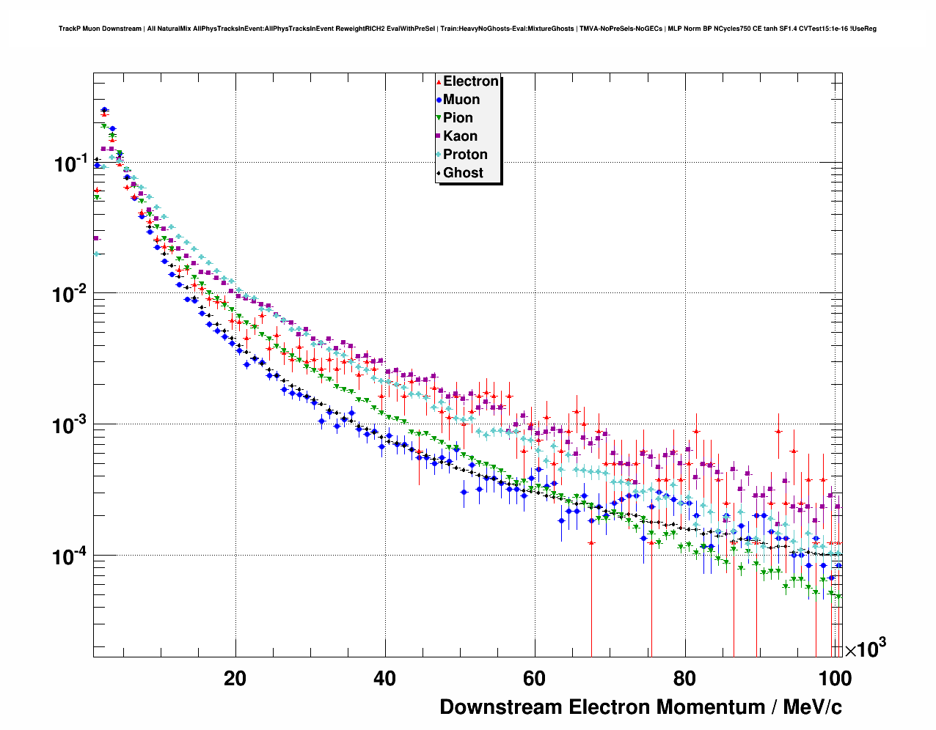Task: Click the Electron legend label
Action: tap(471, 81)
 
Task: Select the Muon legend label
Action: tap(461, 100)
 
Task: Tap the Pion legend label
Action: tap(458, 118)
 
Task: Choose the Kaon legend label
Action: tap(460, 136)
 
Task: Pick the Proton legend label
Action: tap(465, 155)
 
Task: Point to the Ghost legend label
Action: tap(463, 173)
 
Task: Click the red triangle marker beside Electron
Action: tap(439, 81)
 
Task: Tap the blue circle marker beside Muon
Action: tap(439, 100)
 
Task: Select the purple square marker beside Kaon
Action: tap(439, 136)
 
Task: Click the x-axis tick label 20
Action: tap(235, 679)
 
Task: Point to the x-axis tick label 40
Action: tap(385, 679)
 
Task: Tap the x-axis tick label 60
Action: tap(535, 679)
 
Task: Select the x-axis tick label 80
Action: tap(684, 679)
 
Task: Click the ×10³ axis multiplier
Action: tap(866, 649)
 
